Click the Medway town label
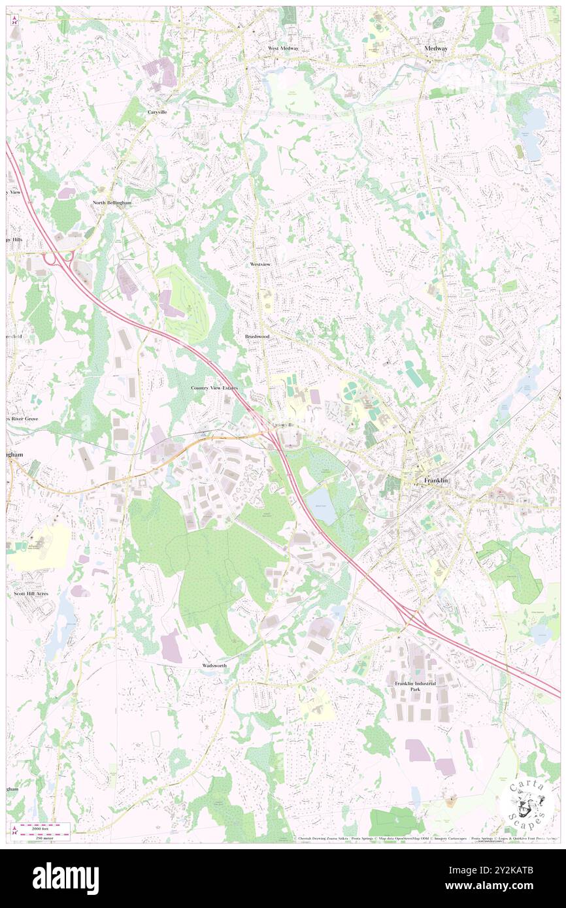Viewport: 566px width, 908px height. click(435, 48)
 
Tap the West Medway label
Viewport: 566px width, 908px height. click(282, 48)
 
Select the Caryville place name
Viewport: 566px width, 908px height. click(157, 112)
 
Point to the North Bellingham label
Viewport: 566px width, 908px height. click(112, 203)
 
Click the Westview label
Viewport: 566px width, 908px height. click(260, 264)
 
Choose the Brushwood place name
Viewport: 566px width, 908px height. click(257, 336)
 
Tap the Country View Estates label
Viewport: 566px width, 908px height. click(214, 388)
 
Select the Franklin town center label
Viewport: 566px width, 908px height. click(436, 481)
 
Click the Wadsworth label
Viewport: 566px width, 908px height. click(214, 665)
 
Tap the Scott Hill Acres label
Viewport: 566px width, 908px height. click(31, 593)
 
